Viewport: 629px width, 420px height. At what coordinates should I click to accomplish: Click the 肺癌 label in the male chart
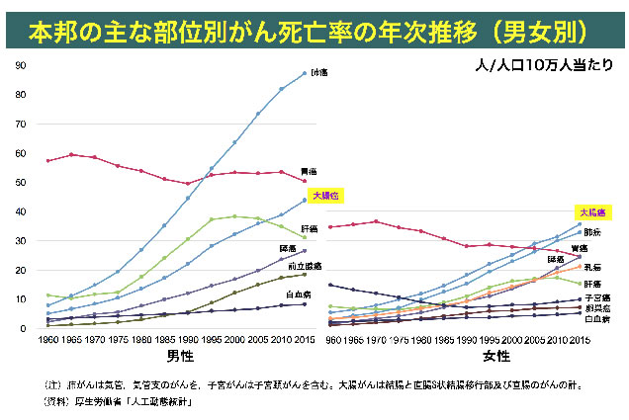(x=318, y=72)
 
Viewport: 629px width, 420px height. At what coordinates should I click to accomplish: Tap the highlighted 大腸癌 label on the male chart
(x=324, y=196)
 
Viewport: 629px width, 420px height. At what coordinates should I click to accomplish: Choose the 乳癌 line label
(x=591, y=266)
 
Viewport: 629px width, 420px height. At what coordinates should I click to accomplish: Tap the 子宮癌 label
(x=596, y=296)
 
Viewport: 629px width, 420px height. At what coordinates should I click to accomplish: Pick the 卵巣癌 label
(x=596, y=308)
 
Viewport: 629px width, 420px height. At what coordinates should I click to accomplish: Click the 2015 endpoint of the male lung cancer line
(x=305, y=73)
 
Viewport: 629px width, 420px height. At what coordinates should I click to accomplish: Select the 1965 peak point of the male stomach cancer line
(x=70, y=154)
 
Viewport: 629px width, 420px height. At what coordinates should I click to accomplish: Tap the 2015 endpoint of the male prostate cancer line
(x=305, y=274)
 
